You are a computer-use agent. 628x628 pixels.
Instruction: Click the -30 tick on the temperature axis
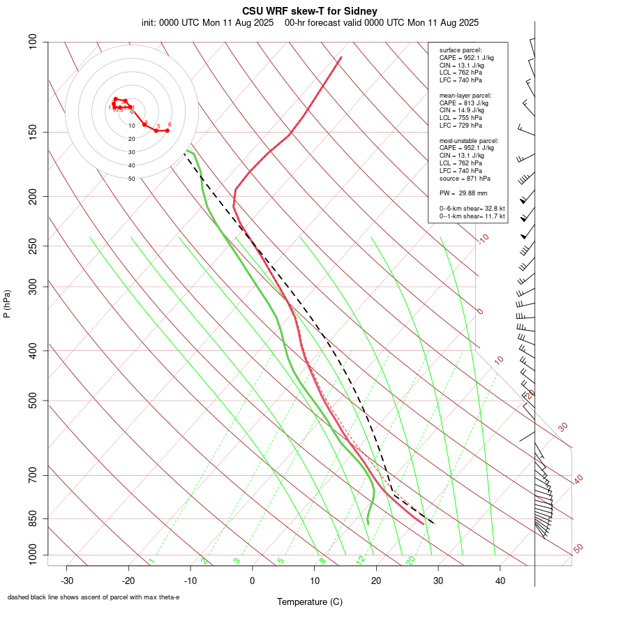[x=67, y=581]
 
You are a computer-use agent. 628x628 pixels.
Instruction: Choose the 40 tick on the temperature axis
[x=500, y=581]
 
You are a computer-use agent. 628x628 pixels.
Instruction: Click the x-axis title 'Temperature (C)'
[x=309, y=601]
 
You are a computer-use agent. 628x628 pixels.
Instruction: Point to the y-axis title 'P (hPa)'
[x=7, y=304]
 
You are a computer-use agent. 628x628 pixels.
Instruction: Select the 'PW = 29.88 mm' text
[x=463, y=193]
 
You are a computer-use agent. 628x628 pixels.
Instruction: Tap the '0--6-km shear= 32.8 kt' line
[x=472, y=209]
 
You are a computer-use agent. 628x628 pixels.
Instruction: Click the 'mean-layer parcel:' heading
[x=465, y=95]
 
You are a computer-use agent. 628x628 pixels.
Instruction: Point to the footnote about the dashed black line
[x=94, y=597]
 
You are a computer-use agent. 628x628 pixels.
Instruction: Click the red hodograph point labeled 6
[x=167, y=130]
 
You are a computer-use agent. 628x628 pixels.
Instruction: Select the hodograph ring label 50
[x=131, y=179]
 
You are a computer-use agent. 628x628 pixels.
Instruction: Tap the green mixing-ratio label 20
[x=411, y=560]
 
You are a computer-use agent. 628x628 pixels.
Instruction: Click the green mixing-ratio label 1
[x=151, y=560]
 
